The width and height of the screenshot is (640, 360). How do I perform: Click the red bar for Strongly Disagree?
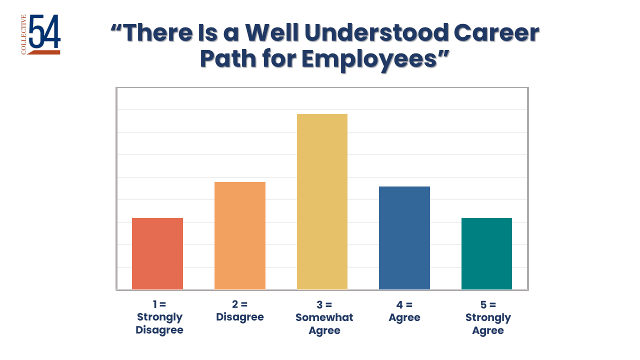pos(157,253)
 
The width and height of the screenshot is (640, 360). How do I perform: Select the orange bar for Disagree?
pos(240,235)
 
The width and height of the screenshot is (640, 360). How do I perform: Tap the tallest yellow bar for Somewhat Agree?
pos(322,201)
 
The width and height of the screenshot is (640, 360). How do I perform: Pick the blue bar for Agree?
pos(404,237)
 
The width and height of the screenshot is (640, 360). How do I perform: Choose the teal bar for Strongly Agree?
pos(486,253)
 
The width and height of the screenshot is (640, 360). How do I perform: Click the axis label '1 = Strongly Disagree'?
pos(159,317)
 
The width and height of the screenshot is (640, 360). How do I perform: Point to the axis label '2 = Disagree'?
pos(240,310)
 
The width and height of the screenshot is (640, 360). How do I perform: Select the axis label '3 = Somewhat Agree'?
pos(324,317)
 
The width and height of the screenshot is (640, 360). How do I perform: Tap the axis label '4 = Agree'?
pos(404,310)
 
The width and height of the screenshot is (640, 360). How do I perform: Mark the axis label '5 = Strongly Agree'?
pos(488,317)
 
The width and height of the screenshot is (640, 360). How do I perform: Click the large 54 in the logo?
pos(45,32)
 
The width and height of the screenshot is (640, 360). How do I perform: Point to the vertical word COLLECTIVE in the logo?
pos(24,34)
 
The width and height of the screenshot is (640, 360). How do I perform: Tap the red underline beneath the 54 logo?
pos(44,52)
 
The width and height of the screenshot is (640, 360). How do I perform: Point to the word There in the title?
pos(161,33)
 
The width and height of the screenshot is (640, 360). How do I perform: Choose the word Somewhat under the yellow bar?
pos(324,317)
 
